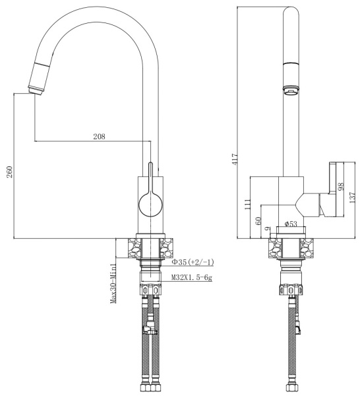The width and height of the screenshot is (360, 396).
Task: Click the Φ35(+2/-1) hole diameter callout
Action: pos(188,263)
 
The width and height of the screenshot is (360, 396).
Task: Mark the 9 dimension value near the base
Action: pos(268,229)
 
